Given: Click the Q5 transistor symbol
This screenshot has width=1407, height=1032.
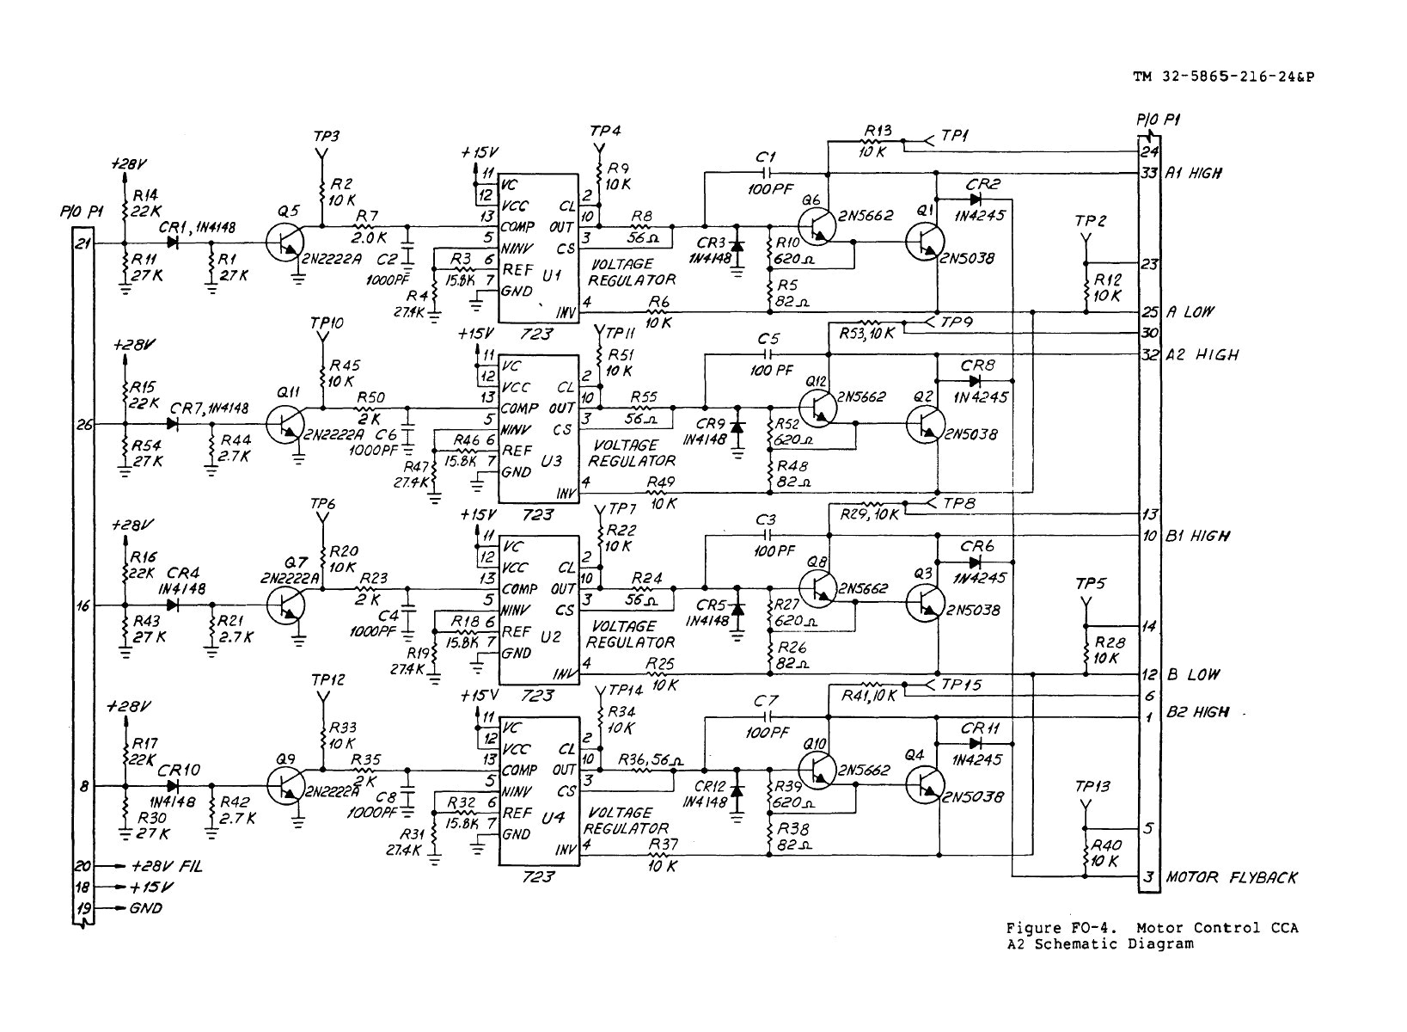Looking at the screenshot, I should pos(284,243).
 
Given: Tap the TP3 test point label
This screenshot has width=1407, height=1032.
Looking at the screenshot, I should pos(327,137).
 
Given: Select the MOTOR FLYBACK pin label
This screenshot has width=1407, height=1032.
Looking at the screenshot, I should pos(1231,878).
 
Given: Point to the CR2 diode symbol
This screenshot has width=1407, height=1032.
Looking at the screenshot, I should pos(975,199).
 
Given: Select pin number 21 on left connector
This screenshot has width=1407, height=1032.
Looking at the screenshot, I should pos(83,243).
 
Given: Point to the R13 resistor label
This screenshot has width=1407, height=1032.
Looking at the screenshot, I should pos(878,132).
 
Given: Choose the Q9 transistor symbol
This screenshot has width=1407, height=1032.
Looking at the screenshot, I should pos(284,786).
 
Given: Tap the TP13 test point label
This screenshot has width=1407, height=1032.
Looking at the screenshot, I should pos(1092,786).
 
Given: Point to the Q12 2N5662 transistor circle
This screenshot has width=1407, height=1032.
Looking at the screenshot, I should pos(817,407).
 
